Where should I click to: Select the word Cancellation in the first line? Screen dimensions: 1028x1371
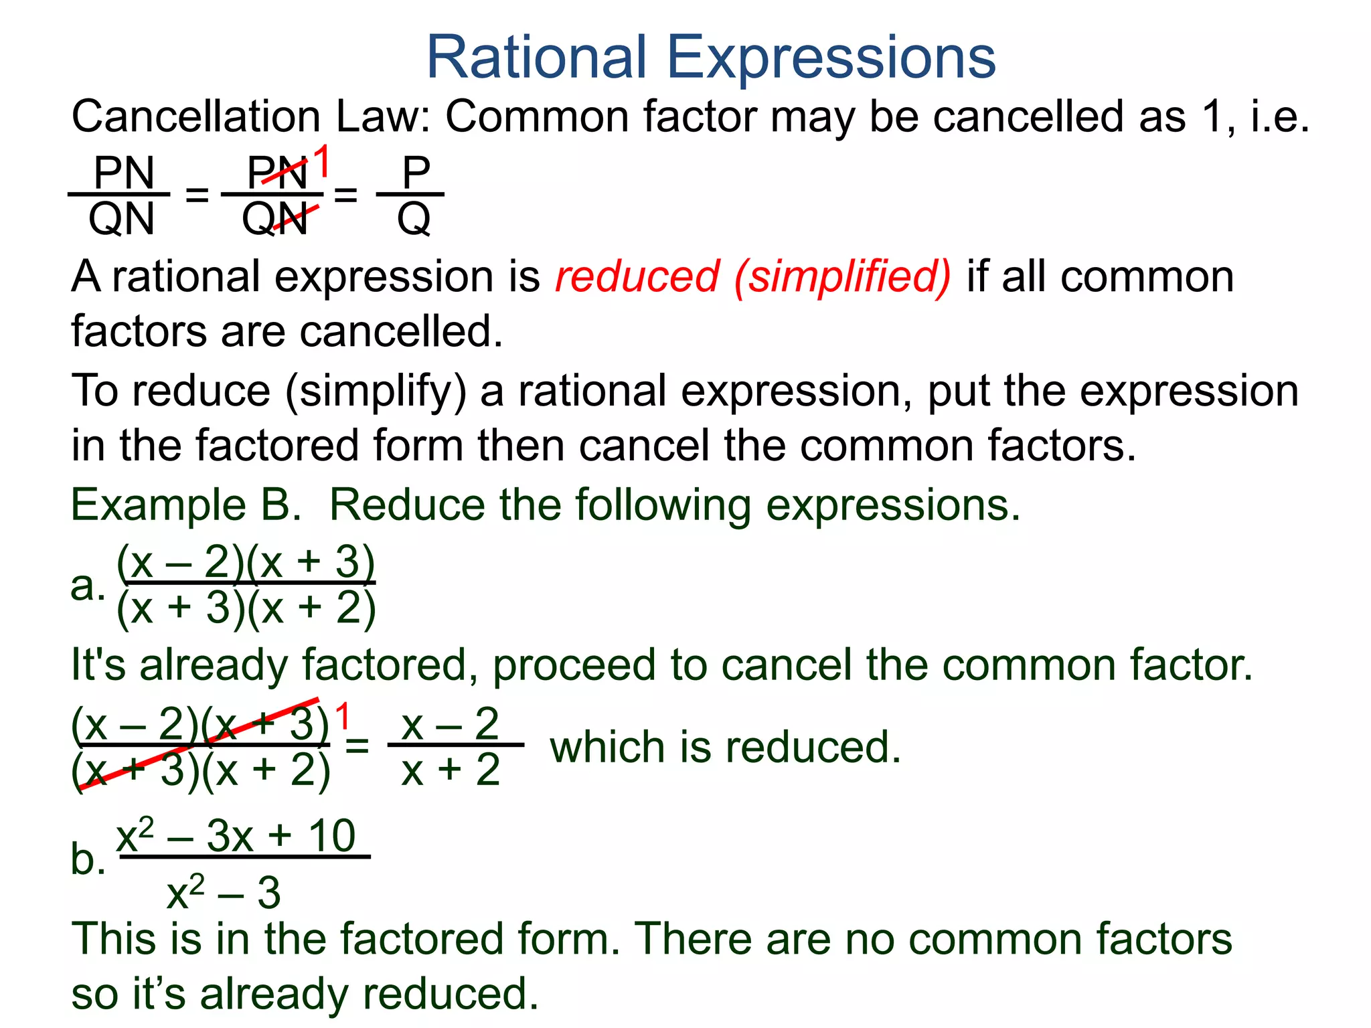[196, 117]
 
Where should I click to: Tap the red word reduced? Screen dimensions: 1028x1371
[637, 276]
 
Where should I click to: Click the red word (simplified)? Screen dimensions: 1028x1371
[842, 277]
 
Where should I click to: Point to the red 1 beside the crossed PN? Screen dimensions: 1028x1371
[322, 162]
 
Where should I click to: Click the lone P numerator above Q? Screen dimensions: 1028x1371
[415, 173]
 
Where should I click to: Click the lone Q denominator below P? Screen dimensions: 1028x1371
[414, 219]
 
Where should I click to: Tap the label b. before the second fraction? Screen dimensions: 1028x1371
[88, 859]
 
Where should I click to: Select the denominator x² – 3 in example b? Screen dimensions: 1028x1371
[224, 893]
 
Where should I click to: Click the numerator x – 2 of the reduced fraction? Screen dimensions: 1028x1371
[450, 724]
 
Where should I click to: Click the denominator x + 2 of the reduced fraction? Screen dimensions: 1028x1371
[451, 770]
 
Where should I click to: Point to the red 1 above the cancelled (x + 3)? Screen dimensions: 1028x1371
[342, 717]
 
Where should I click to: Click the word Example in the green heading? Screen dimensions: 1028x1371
[158, 505]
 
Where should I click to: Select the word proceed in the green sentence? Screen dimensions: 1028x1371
[576, 665]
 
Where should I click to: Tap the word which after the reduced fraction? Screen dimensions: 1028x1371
[608, 748]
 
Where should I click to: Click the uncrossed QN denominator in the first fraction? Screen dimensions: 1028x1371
[121, 219]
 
